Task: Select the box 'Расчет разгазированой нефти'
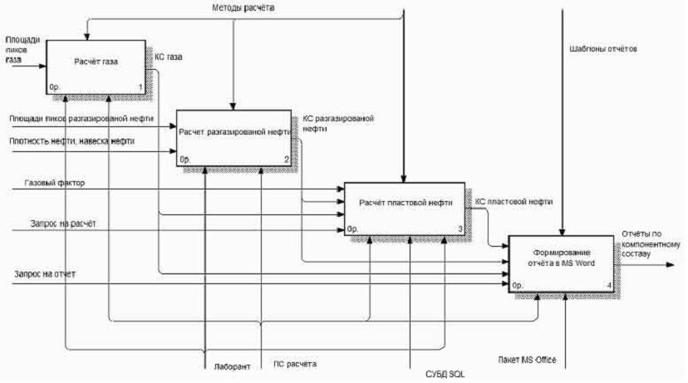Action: tap(233, 136)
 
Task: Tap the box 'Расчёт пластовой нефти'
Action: tap(402, 207)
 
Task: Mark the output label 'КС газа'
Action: tap(169, 57)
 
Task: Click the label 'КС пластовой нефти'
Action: tap(514, 202)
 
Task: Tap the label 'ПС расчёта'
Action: tap(295, 365)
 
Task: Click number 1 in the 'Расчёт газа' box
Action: tap(140, 86)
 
